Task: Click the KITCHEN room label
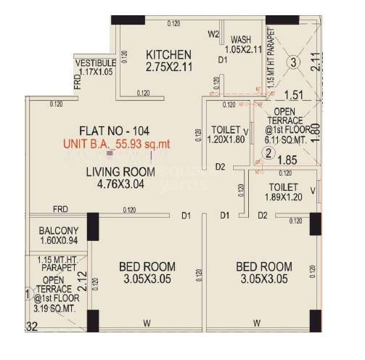pyautogui.click(x=168, y=54)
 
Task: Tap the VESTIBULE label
pyautogui.click(x=95, y=63)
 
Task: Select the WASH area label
pyautogui.click(x=241, y=40)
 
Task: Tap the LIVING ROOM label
pyautogui.click(x=120, y=172)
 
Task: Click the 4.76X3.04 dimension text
pyautogui.click(x=120, y=185)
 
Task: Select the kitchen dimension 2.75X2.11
pyautogui.click(x=168, y=69)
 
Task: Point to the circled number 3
pyautogui.click(x=292, y=62)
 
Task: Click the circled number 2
pyautogui.click(x=268, y=153)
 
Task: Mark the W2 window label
pyautogui.click(x=214, y=34)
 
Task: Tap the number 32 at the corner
pyautogui.click(x=30, y=327)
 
